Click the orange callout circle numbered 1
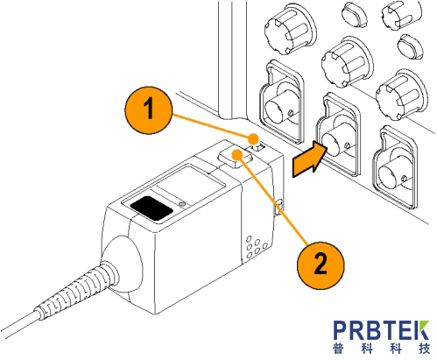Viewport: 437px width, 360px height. tap(148, 110)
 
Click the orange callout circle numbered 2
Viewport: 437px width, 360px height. tap(321, 265)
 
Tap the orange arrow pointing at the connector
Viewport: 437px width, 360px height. tap(309, 159)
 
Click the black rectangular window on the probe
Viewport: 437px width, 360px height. tap(152, 208)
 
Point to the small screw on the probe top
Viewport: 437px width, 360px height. tap(182, 204)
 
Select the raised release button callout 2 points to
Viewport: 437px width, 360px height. tap(235, 157)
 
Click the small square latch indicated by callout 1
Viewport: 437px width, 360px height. tap(259, 147)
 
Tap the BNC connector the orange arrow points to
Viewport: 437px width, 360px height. tap(335, 144)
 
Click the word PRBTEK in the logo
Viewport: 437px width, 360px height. tap(381, 330)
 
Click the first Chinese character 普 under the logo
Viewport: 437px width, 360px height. tap(338, 349)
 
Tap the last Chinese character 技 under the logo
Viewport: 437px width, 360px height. tap(424, 349)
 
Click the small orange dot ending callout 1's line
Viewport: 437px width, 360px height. tap(254, 138)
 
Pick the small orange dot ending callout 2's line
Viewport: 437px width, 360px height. tap(237, 153)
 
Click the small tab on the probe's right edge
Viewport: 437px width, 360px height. tap(278, 207)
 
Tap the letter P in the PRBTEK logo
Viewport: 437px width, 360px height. tap(341, 330)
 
